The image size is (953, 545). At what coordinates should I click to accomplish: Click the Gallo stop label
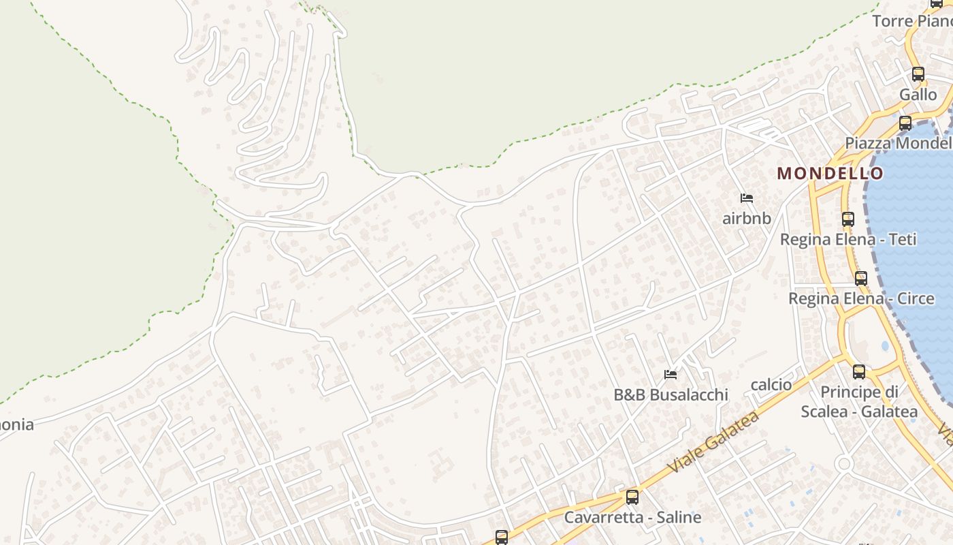[918, 95]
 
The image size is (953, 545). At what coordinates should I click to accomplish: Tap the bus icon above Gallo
[918, 74]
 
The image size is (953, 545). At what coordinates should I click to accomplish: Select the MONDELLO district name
[830, 173]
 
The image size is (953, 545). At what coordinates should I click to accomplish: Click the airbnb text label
[747, 219]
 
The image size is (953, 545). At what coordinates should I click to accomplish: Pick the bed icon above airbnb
[747, 199]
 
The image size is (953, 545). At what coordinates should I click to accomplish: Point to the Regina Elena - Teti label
[847, 239]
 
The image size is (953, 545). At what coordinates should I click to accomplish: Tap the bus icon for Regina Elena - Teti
[847, 219]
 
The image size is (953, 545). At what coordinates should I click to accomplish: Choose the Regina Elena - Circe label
[861, 298]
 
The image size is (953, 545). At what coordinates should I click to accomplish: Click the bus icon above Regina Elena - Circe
[861, 279]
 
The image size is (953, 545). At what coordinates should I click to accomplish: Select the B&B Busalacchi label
[671, 394]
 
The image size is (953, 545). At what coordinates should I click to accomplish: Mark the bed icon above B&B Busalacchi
[671, 375]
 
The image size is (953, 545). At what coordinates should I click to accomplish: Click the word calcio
[771, 385]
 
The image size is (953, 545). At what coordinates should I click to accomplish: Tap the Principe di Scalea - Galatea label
[859, 402]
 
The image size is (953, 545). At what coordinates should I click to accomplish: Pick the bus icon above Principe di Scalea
[859, 372]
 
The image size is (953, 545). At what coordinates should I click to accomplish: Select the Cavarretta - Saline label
[632, 517]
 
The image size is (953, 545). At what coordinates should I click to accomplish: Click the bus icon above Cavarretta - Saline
[632, 497]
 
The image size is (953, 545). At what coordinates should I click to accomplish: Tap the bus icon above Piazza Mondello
[905, 123]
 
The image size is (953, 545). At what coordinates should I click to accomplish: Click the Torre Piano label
[912, 21]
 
